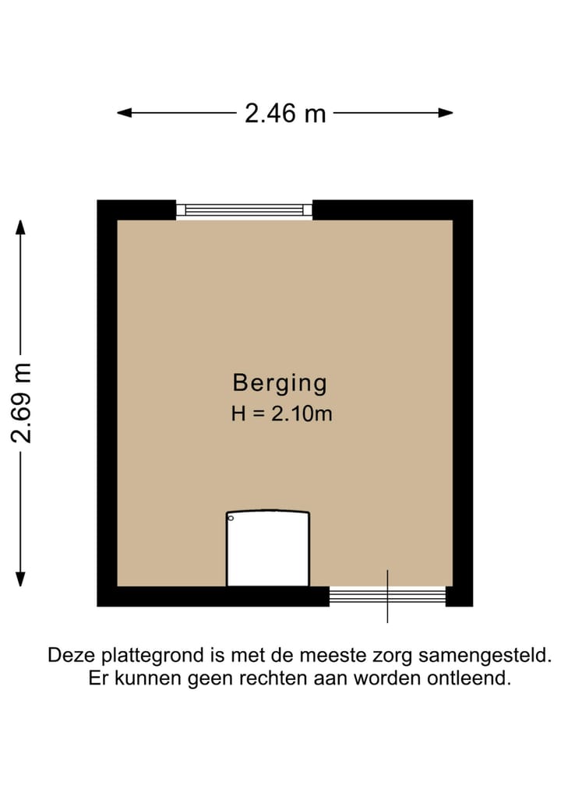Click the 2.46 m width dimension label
[x=285, y=114]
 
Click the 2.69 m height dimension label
[x=21, y=403]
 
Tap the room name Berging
[x=280, y=383]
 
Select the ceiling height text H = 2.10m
[x=281, y=414]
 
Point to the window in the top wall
[x=243, y=209]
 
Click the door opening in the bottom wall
[x=387, y=597]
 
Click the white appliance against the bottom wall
[x=267, y=549]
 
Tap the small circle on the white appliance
[x=231, y=518]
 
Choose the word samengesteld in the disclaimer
[x=491, y=655]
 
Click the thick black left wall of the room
[x=107, y=403]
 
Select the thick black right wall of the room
[x=463, y=403]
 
